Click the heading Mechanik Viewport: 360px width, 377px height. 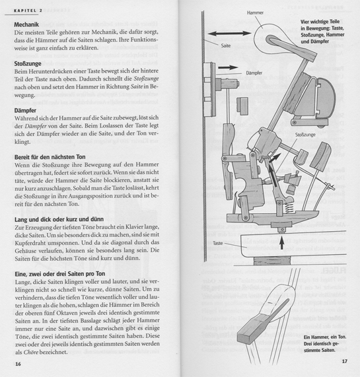point(26,24)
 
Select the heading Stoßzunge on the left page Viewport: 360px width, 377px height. point(28,64)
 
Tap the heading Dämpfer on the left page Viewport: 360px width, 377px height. point(25,111)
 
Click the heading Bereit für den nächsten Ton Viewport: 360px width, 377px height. point(50,157)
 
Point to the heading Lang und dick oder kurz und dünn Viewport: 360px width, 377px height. point(59,219)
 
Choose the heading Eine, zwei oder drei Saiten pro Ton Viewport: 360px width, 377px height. point(60,274)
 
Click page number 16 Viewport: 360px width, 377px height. point(18,364)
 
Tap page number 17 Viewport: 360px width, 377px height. point(345,361)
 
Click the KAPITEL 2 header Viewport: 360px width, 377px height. point(28,11)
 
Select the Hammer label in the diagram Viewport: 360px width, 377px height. point(255,13)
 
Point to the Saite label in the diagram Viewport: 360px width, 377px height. point(225,46)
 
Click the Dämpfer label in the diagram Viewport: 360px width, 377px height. point(254,73)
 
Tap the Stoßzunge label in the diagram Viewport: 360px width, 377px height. point(305,135)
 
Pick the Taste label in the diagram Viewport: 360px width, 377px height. point(218,243)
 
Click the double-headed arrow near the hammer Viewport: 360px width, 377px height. point(229,34)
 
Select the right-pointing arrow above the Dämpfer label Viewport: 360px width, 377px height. point(228,67)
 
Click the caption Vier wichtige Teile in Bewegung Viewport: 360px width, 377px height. point(322,32)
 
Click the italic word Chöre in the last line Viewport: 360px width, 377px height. point(31,352)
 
